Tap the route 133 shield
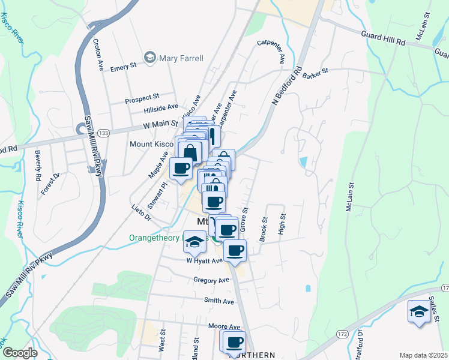coord(104,133)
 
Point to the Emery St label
coord(122,68)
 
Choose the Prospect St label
coord(142,96)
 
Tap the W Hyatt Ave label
coord(204,261)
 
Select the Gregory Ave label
coord(211,280)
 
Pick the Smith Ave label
coord(218,301)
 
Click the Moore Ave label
coord(224,327)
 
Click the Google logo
coord(19,353)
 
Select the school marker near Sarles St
coord(419,313)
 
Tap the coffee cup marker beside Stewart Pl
coord(181,169)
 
